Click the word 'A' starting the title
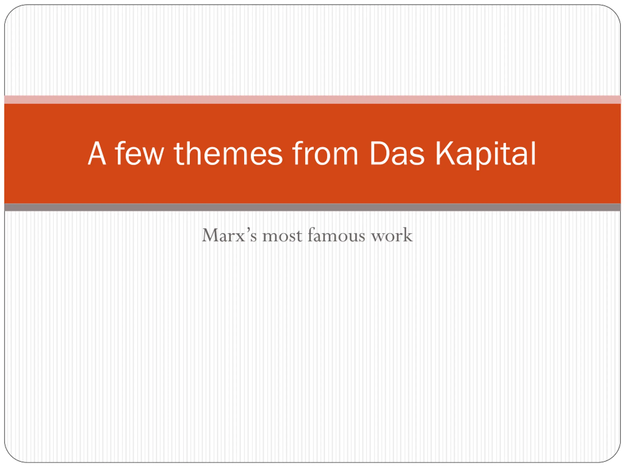[x=97, y=153]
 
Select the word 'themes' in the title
[x=228, y=153]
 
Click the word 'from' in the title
[x=325, y=153]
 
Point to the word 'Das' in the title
[x=397, y=153]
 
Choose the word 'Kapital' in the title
[x=485, y=155]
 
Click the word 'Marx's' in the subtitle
[x=229, y=235]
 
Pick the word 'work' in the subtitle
[x=392, y=235]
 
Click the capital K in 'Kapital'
[x=445, y=153]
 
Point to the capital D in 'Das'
[x=379, y=153]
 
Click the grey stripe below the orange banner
[x=312, y=207]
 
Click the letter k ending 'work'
[x=407, y=235]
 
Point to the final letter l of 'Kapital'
[x=533, y=153]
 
